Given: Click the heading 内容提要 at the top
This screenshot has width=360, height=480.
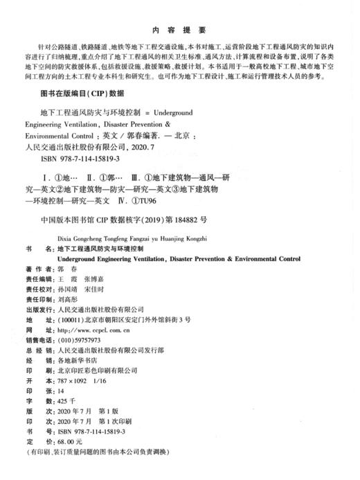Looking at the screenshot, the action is pos(179,30).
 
